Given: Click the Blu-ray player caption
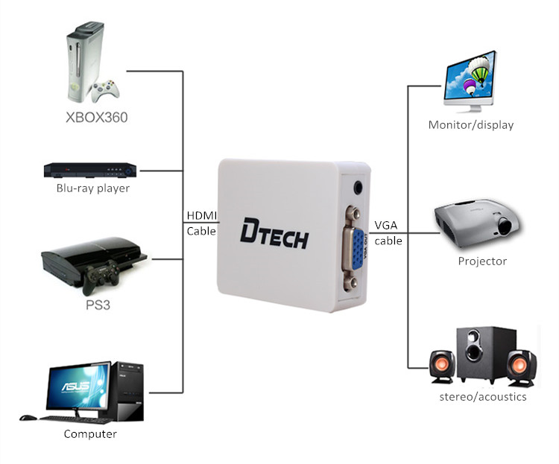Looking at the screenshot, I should pyautogui.click(x=93, y=188).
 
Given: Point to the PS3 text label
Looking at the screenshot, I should pyautogui.click(x=96, y=306).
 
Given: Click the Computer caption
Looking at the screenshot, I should pyautogui.click(x=90, y=434).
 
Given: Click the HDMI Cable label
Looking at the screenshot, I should pyautogui.click(x=201, y=223).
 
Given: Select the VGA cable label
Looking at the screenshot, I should pyautogui.click(x=388, y=232).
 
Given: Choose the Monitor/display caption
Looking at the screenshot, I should pyautogui.click(x=471, y=125).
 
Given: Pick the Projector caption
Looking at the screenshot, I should pyautogui.click(x=482, y=261).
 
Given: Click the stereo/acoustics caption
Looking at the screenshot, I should pyautogui.click(x=483, y=397).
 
